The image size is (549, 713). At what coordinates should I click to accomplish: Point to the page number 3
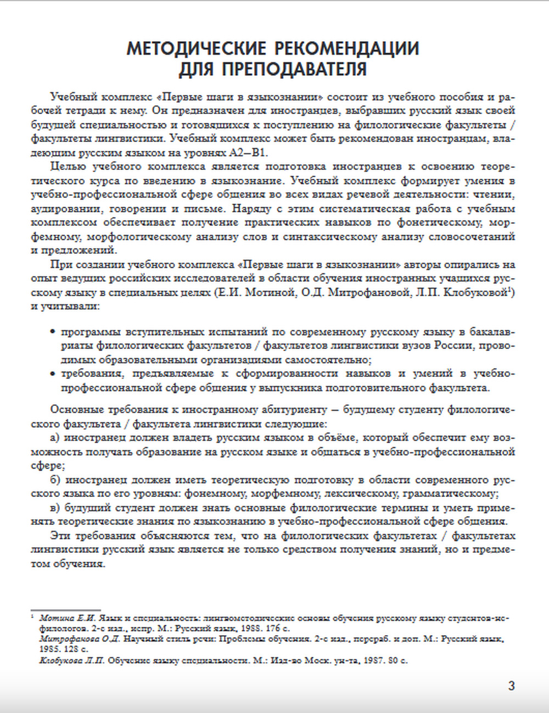512,686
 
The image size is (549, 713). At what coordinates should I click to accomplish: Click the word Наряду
250,209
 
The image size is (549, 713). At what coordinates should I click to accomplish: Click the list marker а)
54,438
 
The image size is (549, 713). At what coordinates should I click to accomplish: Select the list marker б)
54,480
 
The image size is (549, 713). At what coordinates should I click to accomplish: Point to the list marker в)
54,507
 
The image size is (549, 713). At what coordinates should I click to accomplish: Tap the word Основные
74,410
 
